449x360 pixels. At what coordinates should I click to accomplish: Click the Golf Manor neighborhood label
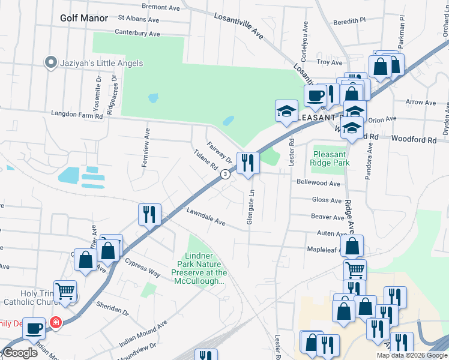point(84,18)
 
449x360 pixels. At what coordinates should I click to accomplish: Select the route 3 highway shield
point(224,174)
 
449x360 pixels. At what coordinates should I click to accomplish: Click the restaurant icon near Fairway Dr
point(247,162)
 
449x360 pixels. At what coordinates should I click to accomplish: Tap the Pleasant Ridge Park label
point(330,158)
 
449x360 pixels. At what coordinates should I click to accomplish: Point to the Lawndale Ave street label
point(205,217)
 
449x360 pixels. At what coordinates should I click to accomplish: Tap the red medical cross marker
point(56,323)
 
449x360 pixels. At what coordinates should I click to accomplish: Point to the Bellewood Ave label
point(318,182)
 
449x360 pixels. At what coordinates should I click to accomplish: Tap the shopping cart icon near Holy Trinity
point(65,291)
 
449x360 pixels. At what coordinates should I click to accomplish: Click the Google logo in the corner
point(20,353)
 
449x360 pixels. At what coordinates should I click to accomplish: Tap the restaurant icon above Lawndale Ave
point(149,214)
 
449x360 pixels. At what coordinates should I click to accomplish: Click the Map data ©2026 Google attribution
point(411,355)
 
